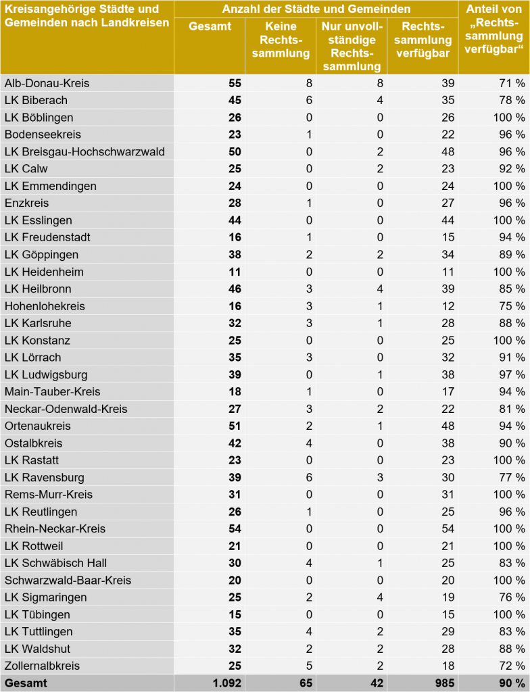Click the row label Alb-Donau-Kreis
tap(47, 83)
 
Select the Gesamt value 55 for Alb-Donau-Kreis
tap(234, 83)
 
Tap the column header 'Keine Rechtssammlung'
tap(281, 40)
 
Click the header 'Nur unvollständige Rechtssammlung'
tap(352, 46)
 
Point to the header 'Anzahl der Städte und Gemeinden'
tap(316, 9)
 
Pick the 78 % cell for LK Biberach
tap(512, 100)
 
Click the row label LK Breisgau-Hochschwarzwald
tap(85, 151)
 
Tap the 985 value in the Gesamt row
tap(444, 683)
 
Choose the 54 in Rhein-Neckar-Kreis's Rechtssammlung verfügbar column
tap(448, 528)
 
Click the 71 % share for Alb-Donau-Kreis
tap(512, 83)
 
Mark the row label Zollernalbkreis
tap(42, 666)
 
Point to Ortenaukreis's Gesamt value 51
tap(234, 426)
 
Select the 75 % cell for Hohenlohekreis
tap(512, 305)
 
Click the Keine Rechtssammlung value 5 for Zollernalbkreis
tap(309, 666)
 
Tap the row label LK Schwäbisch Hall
tap(55, 563)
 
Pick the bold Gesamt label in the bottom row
tap(26, 683)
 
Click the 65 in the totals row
tap(306, 683)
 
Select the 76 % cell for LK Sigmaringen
tap(512, 597)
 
